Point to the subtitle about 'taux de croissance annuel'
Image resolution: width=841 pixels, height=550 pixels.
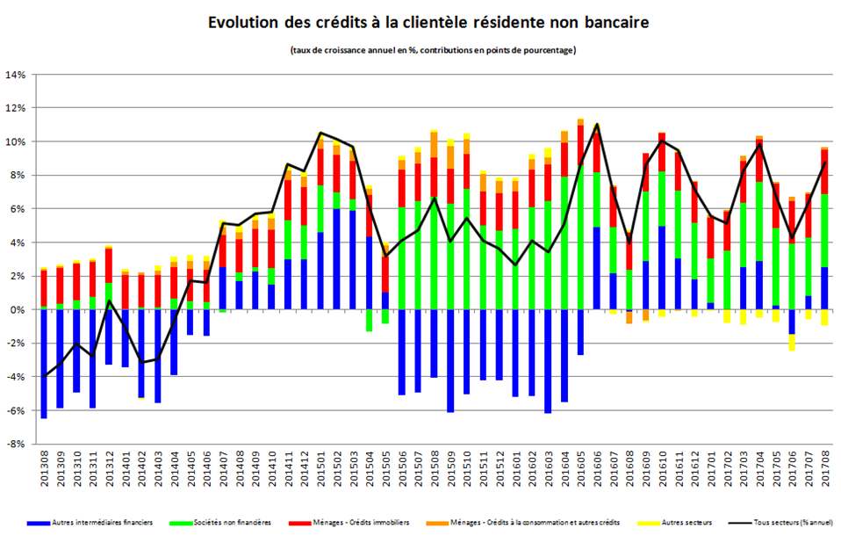432,50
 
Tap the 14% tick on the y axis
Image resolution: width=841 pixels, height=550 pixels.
17,75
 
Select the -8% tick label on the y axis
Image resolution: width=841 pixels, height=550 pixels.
17,445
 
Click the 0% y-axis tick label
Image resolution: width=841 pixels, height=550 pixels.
19,310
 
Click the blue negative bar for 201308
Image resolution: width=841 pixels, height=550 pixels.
44,364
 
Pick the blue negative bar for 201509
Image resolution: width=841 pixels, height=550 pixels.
450,360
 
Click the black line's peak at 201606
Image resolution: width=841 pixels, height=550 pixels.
597,125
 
